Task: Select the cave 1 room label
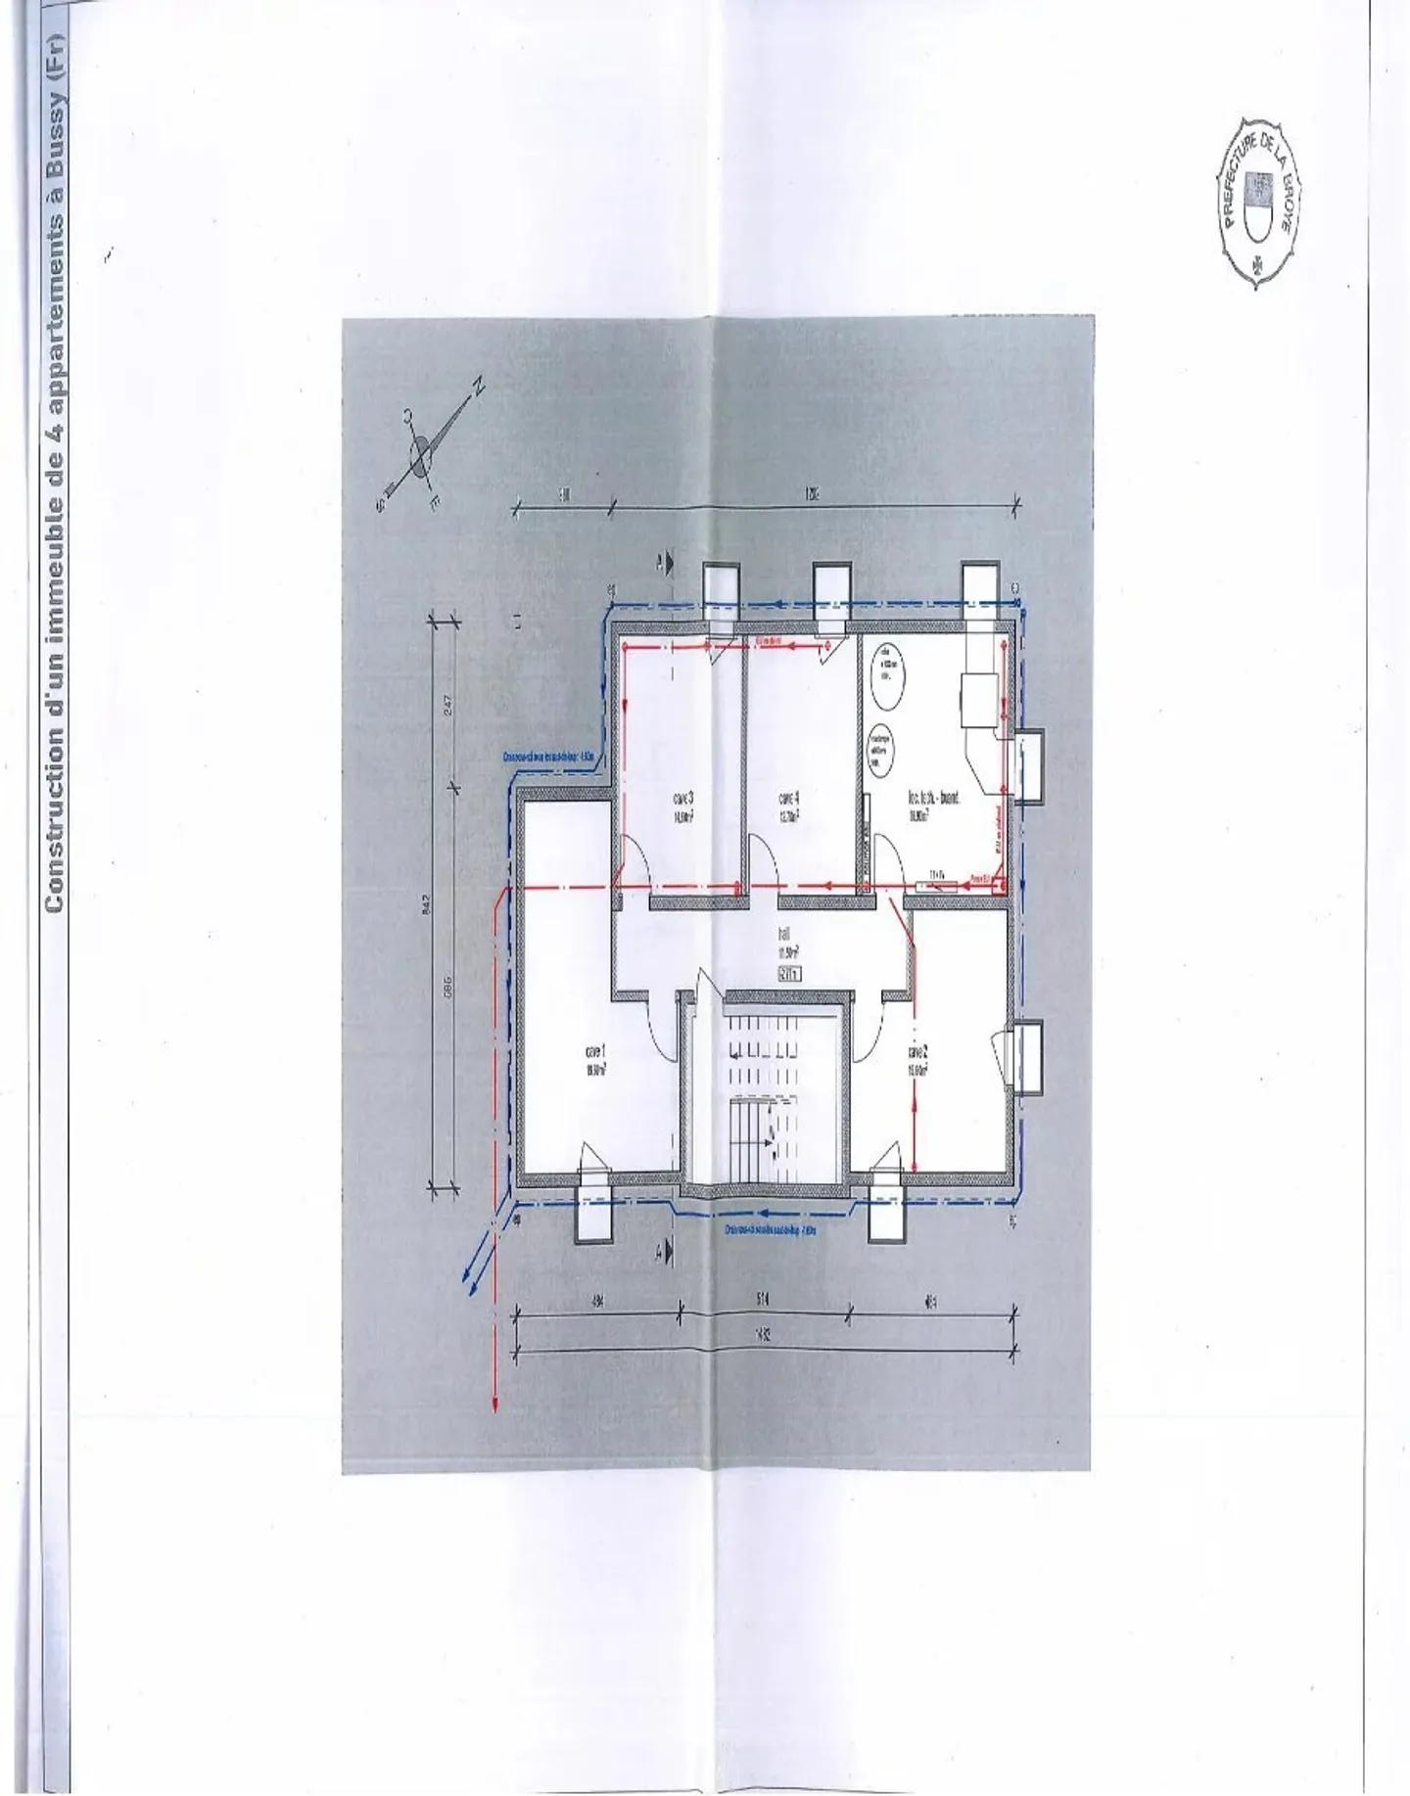pyautogui.click(x=595, y=1060)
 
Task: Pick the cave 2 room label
pyautogui.click(x=916, y=1060)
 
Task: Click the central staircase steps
pyautogui.click(x=761, y=1096)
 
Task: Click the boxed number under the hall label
pyautogui.click(x=787, y=973)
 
